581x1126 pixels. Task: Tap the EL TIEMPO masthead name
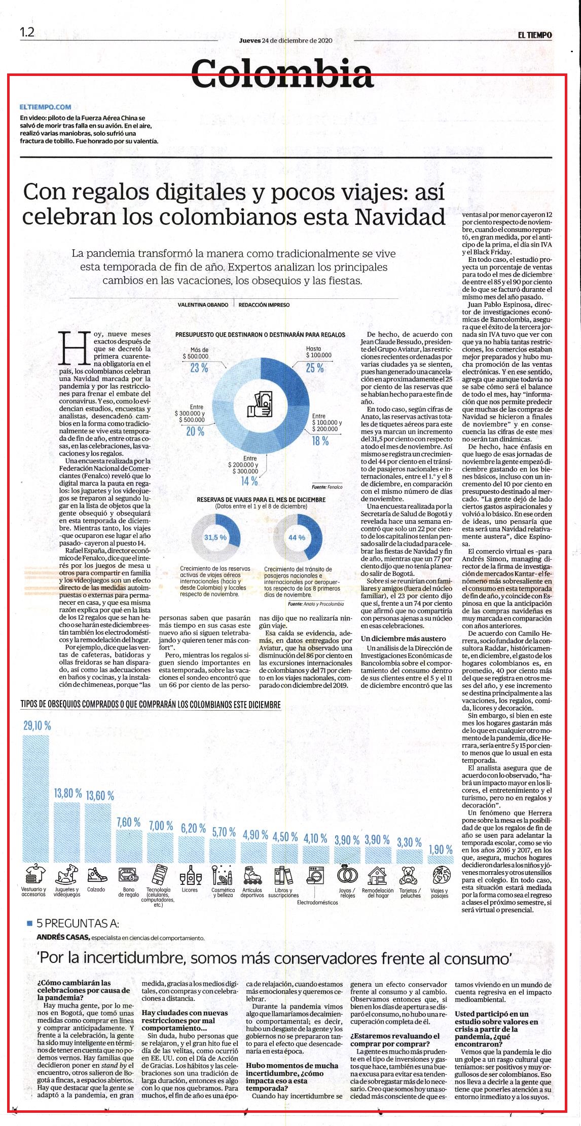(535, 35)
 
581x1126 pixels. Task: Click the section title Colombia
(283, 72)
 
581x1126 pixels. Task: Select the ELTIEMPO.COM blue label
(45, 107)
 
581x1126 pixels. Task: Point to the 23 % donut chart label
(199, 368)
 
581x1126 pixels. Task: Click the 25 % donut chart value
(315, 368)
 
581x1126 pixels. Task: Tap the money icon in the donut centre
(260, 404)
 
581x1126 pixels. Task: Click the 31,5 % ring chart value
(215, 537)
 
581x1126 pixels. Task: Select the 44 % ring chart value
(297, 537)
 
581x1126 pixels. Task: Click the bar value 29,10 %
(37, 725)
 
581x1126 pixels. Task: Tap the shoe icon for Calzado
(95, 875)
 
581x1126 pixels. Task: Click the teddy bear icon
(408, 875)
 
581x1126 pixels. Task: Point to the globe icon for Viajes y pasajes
(440, 875)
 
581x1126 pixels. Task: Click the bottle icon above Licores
(191, 875)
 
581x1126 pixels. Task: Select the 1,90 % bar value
(441, 849)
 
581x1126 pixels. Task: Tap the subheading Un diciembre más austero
(404, 638)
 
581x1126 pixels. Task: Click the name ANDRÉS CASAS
(63, 937)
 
